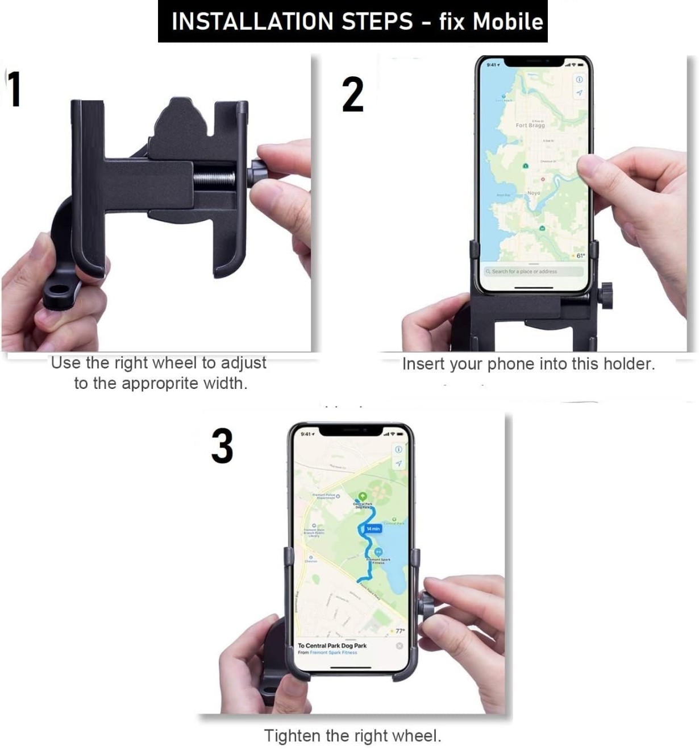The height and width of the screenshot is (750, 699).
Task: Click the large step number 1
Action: (x=15, y=89)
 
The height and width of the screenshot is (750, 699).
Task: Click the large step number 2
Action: (x=352, y=94)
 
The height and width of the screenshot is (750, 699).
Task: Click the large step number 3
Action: (x=222, y=446)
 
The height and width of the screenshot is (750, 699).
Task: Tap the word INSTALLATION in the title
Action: (x=252, y=22)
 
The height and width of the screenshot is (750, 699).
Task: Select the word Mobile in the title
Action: (x=508, y=22)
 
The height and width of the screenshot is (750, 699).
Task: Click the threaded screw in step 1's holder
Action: (x=214, y=179)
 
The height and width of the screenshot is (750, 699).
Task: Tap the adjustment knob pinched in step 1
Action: (x=259, y=173)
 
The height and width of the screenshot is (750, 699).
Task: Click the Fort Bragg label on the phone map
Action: (x=530, y=125)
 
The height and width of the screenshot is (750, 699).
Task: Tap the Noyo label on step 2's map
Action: (x=534, y=193)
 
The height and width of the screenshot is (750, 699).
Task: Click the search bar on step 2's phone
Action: (x=532, y=272)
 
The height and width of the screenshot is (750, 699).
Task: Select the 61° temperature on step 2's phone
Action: (x=580, y=256)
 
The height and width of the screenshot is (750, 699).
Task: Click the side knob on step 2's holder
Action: (x=606, y=295)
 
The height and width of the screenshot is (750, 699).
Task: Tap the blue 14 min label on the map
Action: (x=373, y=529)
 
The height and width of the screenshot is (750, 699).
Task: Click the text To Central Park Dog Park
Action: (x=332, y=646)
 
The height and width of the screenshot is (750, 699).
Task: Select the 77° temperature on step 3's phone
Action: (x=400, y=631)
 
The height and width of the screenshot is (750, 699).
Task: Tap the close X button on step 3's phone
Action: (x=399, y=646)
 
